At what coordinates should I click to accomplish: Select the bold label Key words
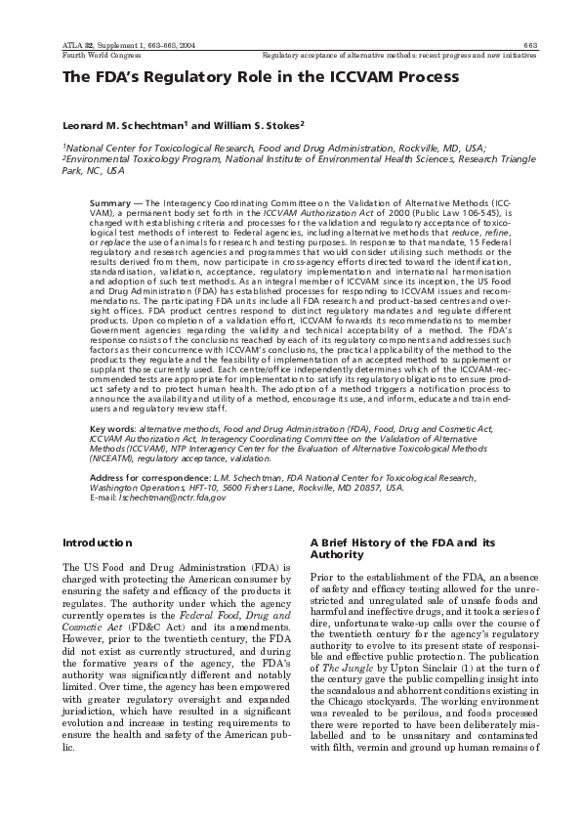click(x=111, y=429)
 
